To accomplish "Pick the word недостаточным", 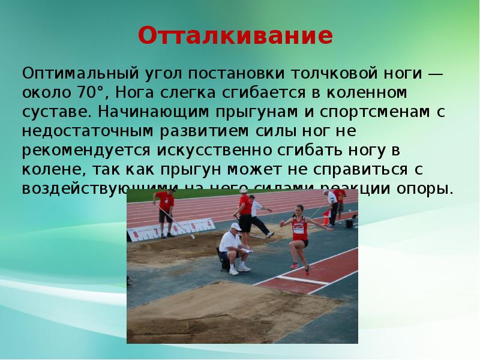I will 92,131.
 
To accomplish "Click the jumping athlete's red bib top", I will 299,227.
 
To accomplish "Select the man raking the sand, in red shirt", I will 165,207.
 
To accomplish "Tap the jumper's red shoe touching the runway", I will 294,265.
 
